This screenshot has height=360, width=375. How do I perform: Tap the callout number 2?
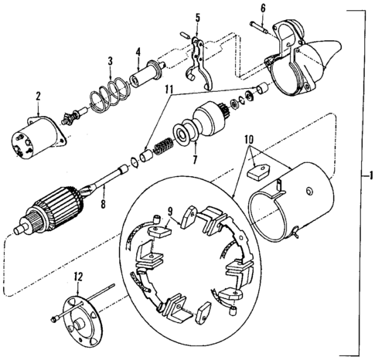tap(36, 97)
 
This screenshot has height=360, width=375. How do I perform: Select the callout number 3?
tap(111, 60)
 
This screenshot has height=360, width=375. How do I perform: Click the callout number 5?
tap(197, 17)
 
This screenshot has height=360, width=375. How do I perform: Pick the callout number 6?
tap(262, 8)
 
